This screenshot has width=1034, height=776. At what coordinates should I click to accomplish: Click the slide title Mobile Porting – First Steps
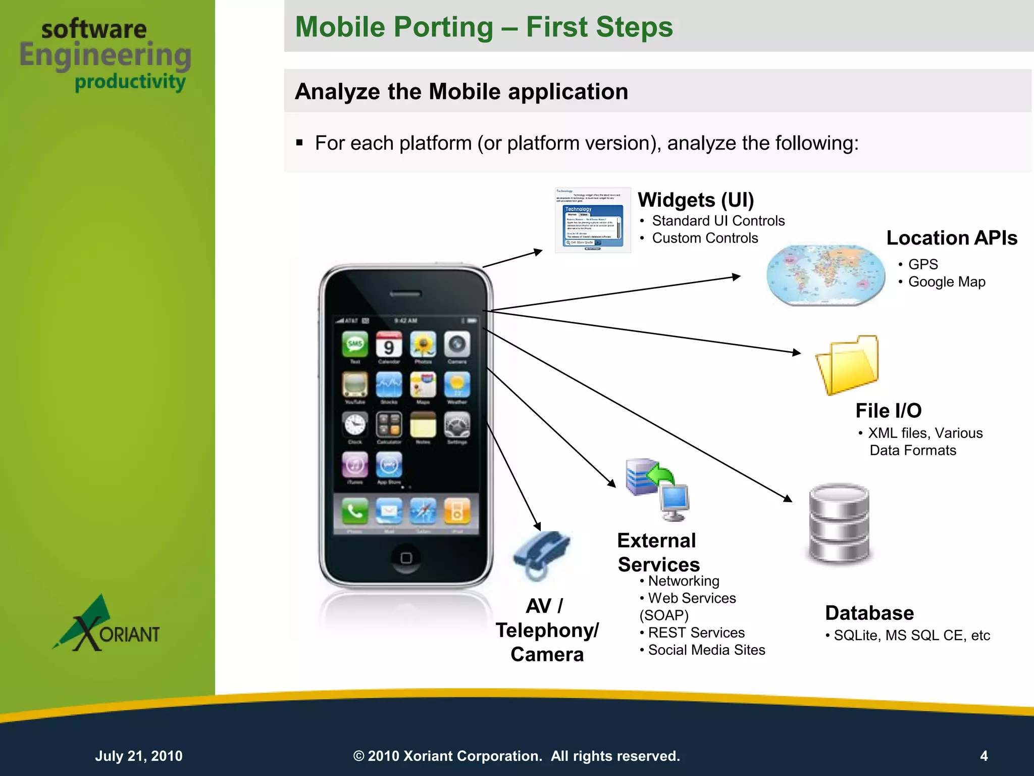point(483,27)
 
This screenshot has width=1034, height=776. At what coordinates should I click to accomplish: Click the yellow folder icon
point(848,364)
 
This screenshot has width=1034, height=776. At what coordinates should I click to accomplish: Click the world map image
point(825,274)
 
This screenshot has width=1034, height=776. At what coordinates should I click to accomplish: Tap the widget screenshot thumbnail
point(593,220)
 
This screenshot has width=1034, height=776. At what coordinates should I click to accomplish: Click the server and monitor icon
point(657,489)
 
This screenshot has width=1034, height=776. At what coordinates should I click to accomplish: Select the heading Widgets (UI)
point(695,200)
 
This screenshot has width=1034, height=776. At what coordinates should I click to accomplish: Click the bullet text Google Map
point(946,282)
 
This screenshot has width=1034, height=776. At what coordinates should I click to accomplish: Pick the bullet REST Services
point(696,633)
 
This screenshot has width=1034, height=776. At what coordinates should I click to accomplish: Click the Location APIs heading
point(951,238)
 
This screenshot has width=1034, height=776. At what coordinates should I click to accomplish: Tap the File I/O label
point(888,411)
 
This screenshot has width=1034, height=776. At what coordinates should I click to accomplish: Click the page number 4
point(984,756)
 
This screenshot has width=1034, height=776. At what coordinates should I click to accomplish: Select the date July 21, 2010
point(139,756)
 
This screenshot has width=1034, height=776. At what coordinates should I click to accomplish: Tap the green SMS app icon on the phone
point(355,345)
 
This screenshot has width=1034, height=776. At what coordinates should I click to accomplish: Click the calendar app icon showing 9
point(389,345)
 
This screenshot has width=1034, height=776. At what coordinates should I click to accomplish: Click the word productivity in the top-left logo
point(130,82)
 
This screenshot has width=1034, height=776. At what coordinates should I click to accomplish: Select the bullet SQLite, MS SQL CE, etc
point(911,636)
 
